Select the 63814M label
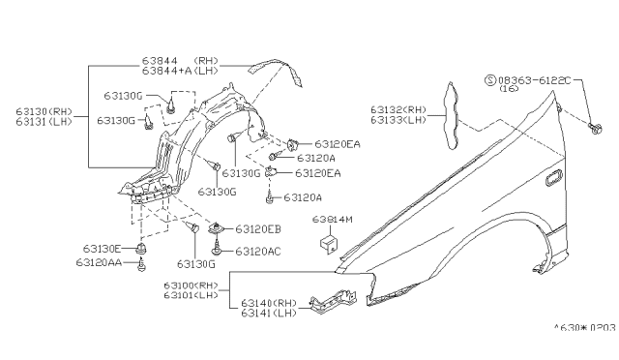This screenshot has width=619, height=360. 333,221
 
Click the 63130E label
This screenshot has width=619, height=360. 102,249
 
